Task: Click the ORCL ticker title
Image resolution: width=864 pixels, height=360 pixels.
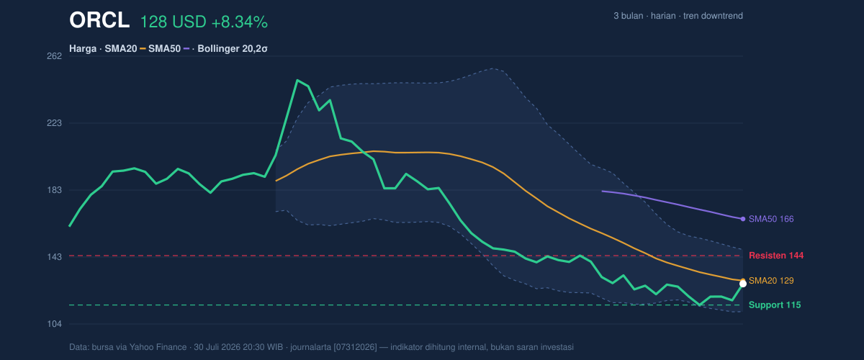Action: pos(99,20)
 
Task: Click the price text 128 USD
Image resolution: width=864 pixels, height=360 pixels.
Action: pos(174,22)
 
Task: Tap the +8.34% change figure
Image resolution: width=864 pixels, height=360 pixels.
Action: pos(240,22)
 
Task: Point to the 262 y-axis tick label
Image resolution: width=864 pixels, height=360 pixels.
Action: pos(55,56)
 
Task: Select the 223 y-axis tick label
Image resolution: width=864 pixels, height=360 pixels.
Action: pos(55,123)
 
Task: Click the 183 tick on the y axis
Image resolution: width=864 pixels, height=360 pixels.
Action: pos(55,190)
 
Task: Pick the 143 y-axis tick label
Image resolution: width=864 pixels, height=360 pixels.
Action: pos(55,256)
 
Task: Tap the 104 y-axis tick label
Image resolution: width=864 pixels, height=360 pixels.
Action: pos(55,324)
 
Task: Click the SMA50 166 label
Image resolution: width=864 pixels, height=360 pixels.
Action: pos(771,219)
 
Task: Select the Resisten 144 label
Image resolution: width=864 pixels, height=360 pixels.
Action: pos(776,256)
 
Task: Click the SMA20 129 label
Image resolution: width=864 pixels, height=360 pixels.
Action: pos(771,281)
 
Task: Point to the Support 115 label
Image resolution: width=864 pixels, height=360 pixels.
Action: pos(775,305)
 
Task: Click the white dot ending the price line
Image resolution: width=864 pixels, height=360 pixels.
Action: pos(743,284)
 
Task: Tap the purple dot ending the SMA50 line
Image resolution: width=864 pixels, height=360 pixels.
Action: pos(743,219)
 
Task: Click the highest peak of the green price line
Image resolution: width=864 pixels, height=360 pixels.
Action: pos(297,80)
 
